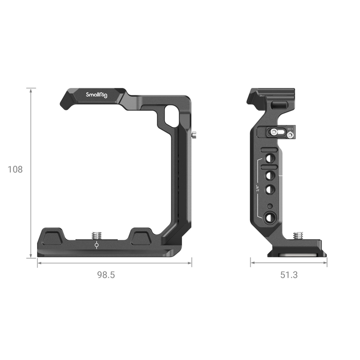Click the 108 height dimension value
pos(15,169)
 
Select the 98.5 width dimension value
pos(106,275)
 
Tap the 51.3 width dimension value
pos(289,275)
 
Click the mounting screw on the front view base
pos(97,235)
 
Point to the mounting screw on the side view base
pos(298,236)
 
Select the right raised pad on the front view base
pos(140,237)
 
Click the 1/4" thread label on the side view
pos(257,188)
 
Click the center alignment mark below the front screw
pos(97,246)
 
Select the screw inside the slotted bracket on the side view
pos(274,132)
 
